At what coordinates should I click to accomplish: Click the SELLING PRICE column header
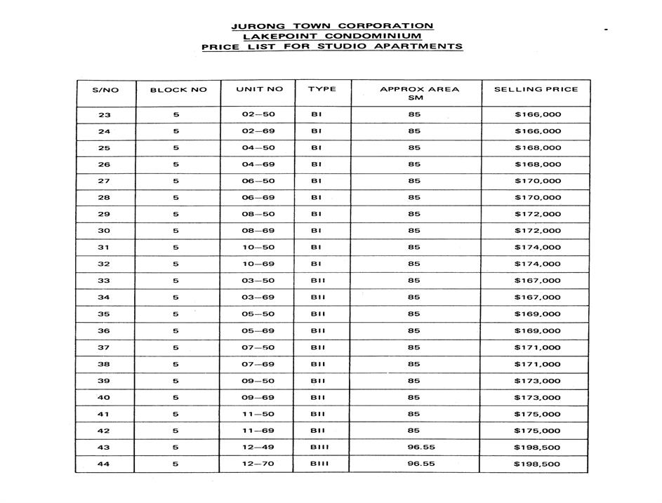[536, 90]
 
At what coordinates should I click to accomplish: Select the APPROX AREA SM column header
[419, 93]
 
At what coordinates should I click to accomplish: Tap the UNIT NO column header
[260, 90]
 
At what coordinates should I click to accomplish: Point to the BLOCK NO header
[178, 90]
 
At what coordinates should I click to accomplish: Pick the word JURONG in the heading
[254, 27]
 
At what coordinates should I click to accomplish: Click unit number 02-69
[258, 131]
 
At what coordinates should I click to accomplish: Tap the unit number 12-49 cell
[258, 448]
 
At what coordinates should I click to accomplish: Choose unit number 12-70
[258, 464]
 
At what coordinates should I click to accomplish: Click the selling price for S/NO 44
[537, 464]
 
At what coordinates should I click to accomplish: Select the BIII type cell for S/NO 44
[319, 464]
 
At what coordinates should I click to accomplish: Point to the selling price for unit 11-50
[537, 415]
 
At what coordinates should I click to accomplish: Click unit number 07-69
[258, 365]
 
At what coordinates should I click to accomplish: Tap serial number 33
[105, 281]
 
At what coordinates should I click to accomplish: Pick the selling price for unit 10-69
[537, 264]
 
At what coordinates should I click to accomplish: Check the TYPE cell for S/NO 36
[317, 331]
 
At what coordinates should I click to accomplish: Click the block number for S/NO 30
[176, 231]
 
